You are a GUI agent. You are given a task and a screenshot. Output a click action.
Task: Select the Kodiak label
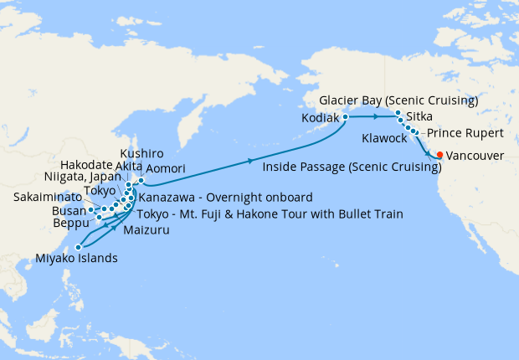[x=320, y=119]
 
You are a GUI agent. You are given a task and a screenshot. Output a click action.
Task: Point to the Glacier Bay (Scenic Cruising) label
[x=398, y=101]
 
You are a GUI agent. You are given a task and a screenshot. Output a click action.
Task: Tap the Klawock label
[x=386, y=136]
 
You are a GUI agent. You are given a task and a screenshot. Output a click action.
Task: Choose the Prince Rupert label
[x=465, y=133]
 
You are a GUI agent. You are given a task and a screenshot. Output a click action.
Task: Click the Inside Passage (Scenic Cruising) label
[x=352, y=167]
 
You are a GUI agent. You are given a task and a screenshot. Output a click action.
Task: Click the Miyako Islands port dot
[x=78, y=247]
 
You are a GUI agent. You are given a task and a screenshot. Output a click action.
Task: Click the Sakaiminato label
[x=47, y=198]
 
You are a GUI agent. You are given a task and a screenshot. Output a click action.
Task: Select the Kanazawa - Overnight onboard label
[x=225, y=198]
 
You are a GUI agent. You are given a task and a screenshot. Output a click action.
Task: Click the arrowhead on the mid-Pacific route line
[x=251, y=161]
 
